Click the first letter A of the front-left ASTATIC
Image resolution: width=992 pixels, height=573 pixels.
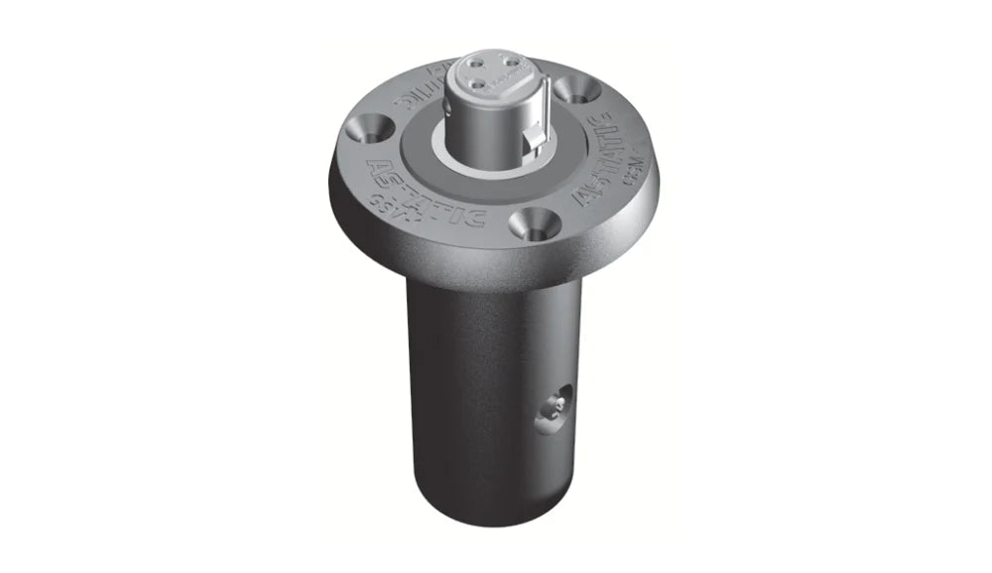(x=377, y=164)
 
